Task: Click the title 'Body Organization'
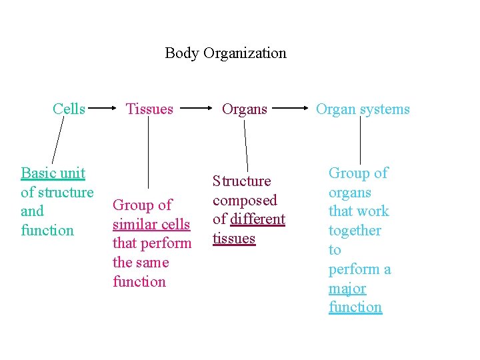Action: (x=225, y=53)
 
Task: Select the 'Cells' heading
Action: (x=69, y=109)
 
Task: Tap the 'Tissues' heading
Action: (x=149, y=109)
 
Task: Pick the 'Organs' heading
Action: (x=244, y=109)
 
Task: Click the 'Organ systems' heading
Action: (x=363, y=109)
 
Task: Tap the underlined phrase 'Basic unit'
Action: (x=53, y=173)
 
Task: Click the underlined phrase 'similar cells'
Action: (x=151, y=225)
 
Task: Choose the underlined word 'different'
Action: (x=257, y=219)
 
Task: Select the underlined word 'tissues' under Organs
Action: (x=234, y=239)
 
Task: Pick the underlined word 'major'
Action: (x=347, y=289)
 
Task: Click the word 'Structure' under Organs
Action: (x=241, y=181)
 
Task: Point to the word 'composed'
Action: (x=245, y=200)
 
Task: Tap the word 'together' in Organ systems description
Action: (x=355, y=231)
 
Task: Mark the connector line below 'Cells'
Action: (x=59, y=141)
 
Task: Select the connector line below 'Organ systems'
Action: (x=360, y=141)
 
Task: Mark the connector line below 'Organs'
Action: (x=246, y=146)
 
